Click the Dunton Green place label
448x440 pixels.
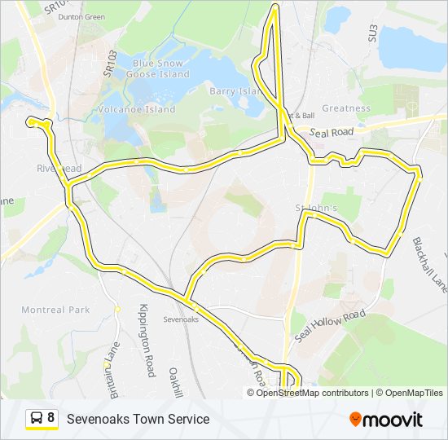(x=82, y=16)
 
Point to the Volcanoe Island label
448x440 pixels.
(x=137, y=109)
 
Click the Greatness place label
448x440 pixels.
(x=345, y=108)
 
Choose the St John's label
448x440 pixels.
(x=317, y=209)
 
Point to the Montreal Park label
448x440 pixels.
(x=55, y=310)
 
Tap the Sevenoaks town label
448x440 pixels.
(x=181, y=319)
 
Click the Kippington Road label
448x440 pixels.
(x=147, y=341)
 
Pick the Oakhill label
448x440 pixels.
(x=173, y=381)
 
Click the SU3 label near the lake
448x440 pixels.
(x=374, y=33)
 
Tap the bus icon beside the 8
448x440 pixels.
(x=37, y=419)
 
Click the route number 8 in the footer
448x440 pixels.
(x=51, y=419)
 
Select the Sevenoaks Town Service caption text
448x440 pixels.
(x=138, y=419)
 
